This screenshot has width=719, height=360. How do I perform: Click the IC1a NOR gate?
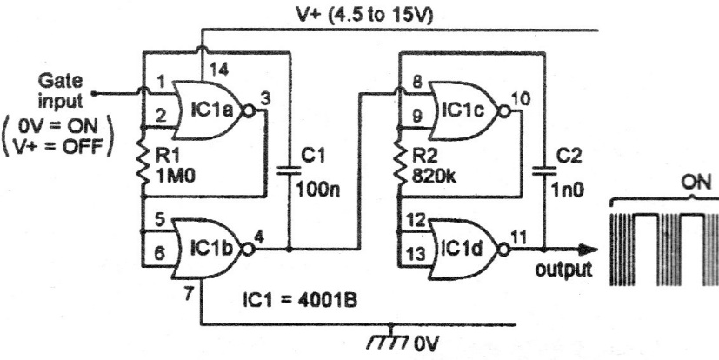pyautogui.click(x=209, y=112)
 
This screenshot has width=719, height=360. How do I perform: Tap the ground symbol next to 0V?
pyautogui.click(x=396, y=336)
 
